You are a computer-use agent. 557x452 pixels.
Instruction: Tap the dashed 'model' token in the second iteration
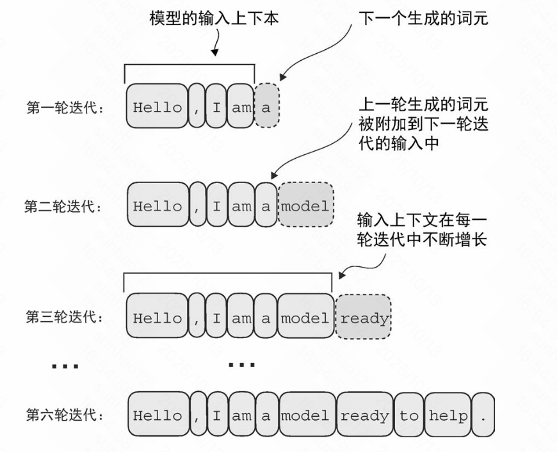tap(306, 206)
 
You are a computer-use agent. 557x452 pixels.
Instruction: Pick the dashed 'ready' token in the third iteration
tap(364, 318)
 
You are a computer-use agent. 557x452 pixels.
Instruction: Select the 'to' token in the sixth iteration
tap(409, 416)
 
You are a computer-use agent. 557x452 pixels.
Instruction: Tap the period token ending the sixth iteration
tap(483, 416)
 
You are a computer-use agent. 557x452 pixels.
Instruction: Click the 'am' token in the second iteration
tap(242, 206)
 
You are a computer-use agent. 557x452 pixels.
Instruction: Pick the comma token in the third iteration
tap(197, 318)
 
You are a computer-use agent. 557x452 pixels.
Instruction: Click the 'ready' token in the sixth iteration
tap(364, 416)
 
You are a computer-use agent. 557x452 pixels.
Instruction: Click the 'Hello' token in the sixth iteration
tap(157, 416)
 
